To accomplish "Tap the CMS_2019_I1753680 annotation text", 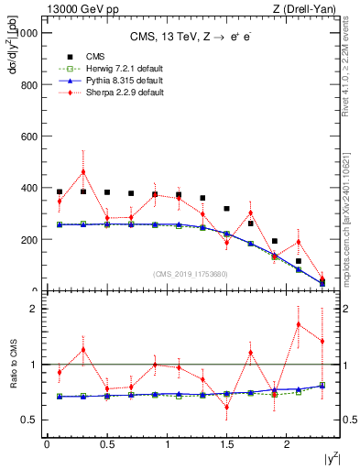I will point(192,274).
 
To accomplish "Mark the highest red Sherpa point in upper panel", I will point(83,171).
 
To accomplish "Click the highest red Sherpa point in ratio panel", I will point(299,324).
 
